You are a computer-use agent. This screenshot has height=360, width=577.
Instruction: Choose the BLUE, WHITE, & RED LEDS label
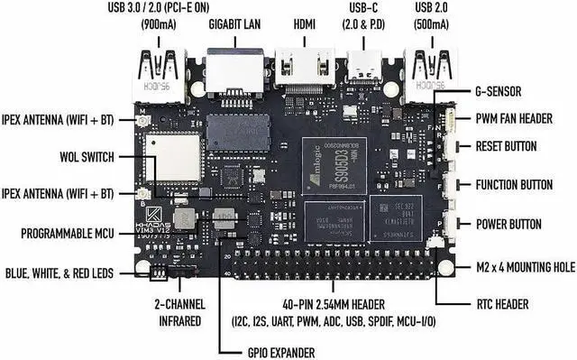pos(60,272)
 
